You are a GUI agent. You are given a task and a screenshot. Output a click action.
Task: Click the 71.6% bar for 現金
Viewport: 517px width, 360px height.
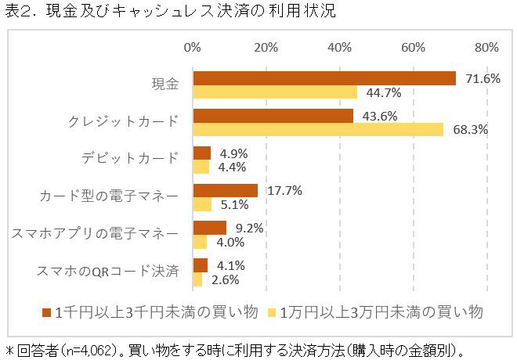324,78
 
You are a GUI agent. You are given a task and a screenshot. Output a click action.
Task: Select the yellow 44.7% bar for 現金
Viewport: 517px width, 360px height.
275,92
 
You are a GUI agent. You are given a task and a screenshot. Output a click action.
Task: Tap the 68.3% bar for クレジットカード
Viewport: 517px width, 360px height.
318,130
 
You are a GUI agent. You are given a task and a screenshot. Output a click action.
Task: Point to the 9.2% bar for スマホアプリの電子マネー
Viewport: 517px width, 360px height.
209,228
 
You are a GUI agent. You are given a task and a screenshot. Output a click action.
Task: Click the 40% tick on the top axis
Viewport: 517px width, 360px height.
340,48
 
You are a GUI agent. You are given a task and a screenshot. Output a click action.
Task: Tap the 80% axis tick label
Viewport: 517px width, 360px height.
486,48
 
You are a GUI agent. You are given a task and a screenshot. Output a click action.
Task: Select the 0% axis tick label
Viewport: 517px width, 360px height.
193,48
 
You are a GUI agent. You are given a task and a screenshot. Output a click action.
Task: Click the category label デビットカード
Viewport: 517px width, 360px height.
130,160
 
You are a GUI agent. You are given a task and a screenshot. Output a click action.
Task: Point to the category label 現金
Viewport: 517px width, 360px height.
164,85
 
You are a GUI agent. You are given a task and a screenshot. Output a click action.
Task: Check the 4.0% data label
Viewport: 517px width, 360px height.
228,243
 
